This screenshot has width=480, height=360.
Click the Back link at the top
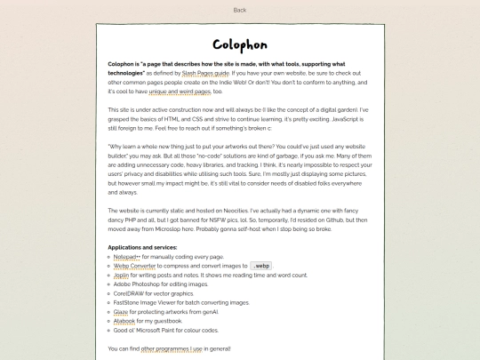click(239, 10)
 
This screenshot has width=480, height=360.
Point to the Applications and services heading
click(142, 246)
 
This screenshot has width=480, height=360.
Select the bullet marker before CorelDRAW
click(108, 292)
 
